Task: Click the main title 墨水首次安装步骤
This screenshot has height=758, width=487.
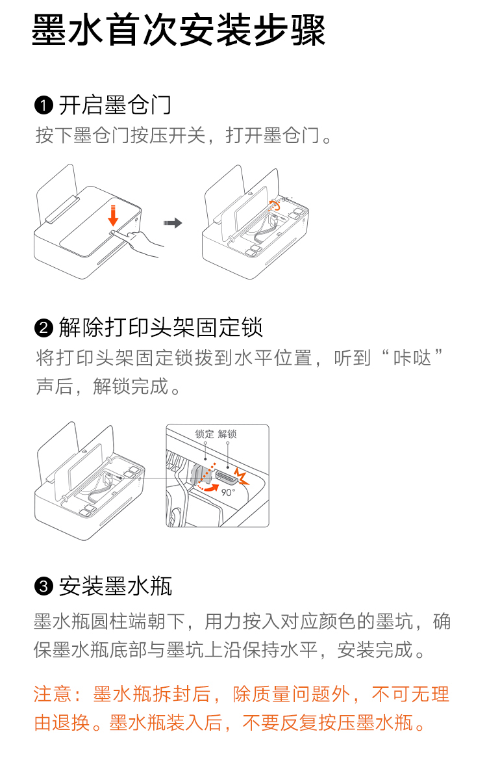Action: (x=179, y=30)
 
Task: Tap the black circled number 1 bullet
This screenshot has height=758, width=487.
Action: (x=44, y=105)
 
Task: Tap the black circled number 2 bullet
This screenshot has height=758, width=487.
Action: (x=44, y=328)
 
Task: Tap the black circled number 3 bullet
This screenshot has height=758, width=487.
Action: (x=44, y=586)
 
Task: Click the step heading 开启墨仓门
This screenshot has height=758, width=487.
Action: (x=115, y=105)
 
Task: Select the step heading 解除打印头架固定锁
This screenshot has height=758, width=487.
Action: (x=161, y=328)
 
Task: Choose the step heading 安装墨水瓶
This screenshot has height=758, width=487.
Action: (x=116, y=586)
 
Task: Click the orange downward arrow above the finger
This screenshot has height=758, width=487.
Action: (x=113, y=216)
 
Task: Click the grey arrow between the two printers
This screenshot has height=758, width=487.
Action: (x=173, y=223)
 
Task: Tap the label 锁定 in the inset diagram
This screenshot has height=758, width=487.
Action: (x=204, y=434)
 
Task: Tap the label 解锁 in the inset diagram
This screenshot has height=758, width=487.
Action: (x=227, y=434)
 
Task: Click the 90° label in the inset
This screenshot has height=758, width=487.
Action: (x=228, y=492)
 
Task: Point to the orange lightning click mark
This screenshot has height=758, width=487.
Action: (x=242, y=476)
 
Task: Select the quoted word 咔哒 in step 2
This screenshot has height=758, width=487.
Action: (x=412, y=358)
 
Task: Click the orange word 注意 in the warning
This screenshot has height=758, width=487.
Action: (x=53, y=694)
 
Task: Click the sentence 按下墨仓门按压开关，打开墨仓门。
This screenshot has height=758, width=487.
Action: (x=183, y=136)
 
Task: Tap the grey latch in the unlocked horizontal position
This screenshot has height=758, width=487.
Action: (x=225, y=476)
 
